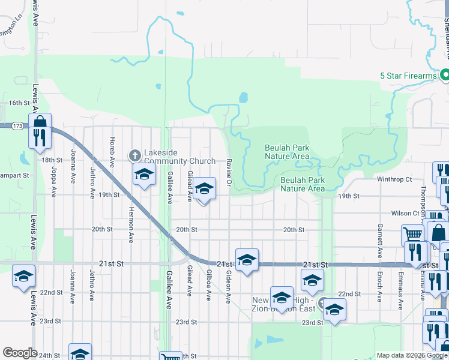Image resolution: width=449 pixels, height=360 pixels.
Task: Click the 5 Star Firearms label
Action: pyautogui.click(x=408, y=76)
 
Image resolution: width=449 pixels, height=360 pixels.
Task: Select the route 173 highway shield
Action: pyautogui.click(x=17, y=126)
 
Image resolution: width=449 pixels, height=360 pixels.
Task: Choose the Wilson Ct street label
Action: pyautogui.click(x=405, y=213)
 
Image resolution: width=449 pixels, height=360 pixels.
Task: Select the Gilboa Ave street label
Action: pyautogui.click(x=209, y=284)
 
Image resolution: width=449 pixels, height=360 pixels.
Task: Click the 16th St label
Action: pyautogui.click(x=19, y=103)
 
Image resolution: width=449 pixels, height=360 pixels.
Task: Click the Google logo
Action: pyautogui.click(x=20, y=353)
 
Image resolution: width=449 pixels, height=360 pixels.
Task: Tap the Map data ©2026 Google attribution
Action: pyautogui.click(x=411, y=356)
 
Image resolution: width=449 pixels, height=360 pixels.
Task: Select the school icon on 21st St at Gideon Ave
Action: pyautogui.click(x=247, y=260)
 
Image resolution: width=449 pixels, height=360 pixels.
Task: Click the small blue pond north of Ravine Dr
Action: pyautogui.click(x=243, y=97)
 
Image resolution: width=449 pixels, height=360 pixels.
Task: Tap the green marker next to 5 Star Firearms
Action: pyautogui.click(x=445, y=76)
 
